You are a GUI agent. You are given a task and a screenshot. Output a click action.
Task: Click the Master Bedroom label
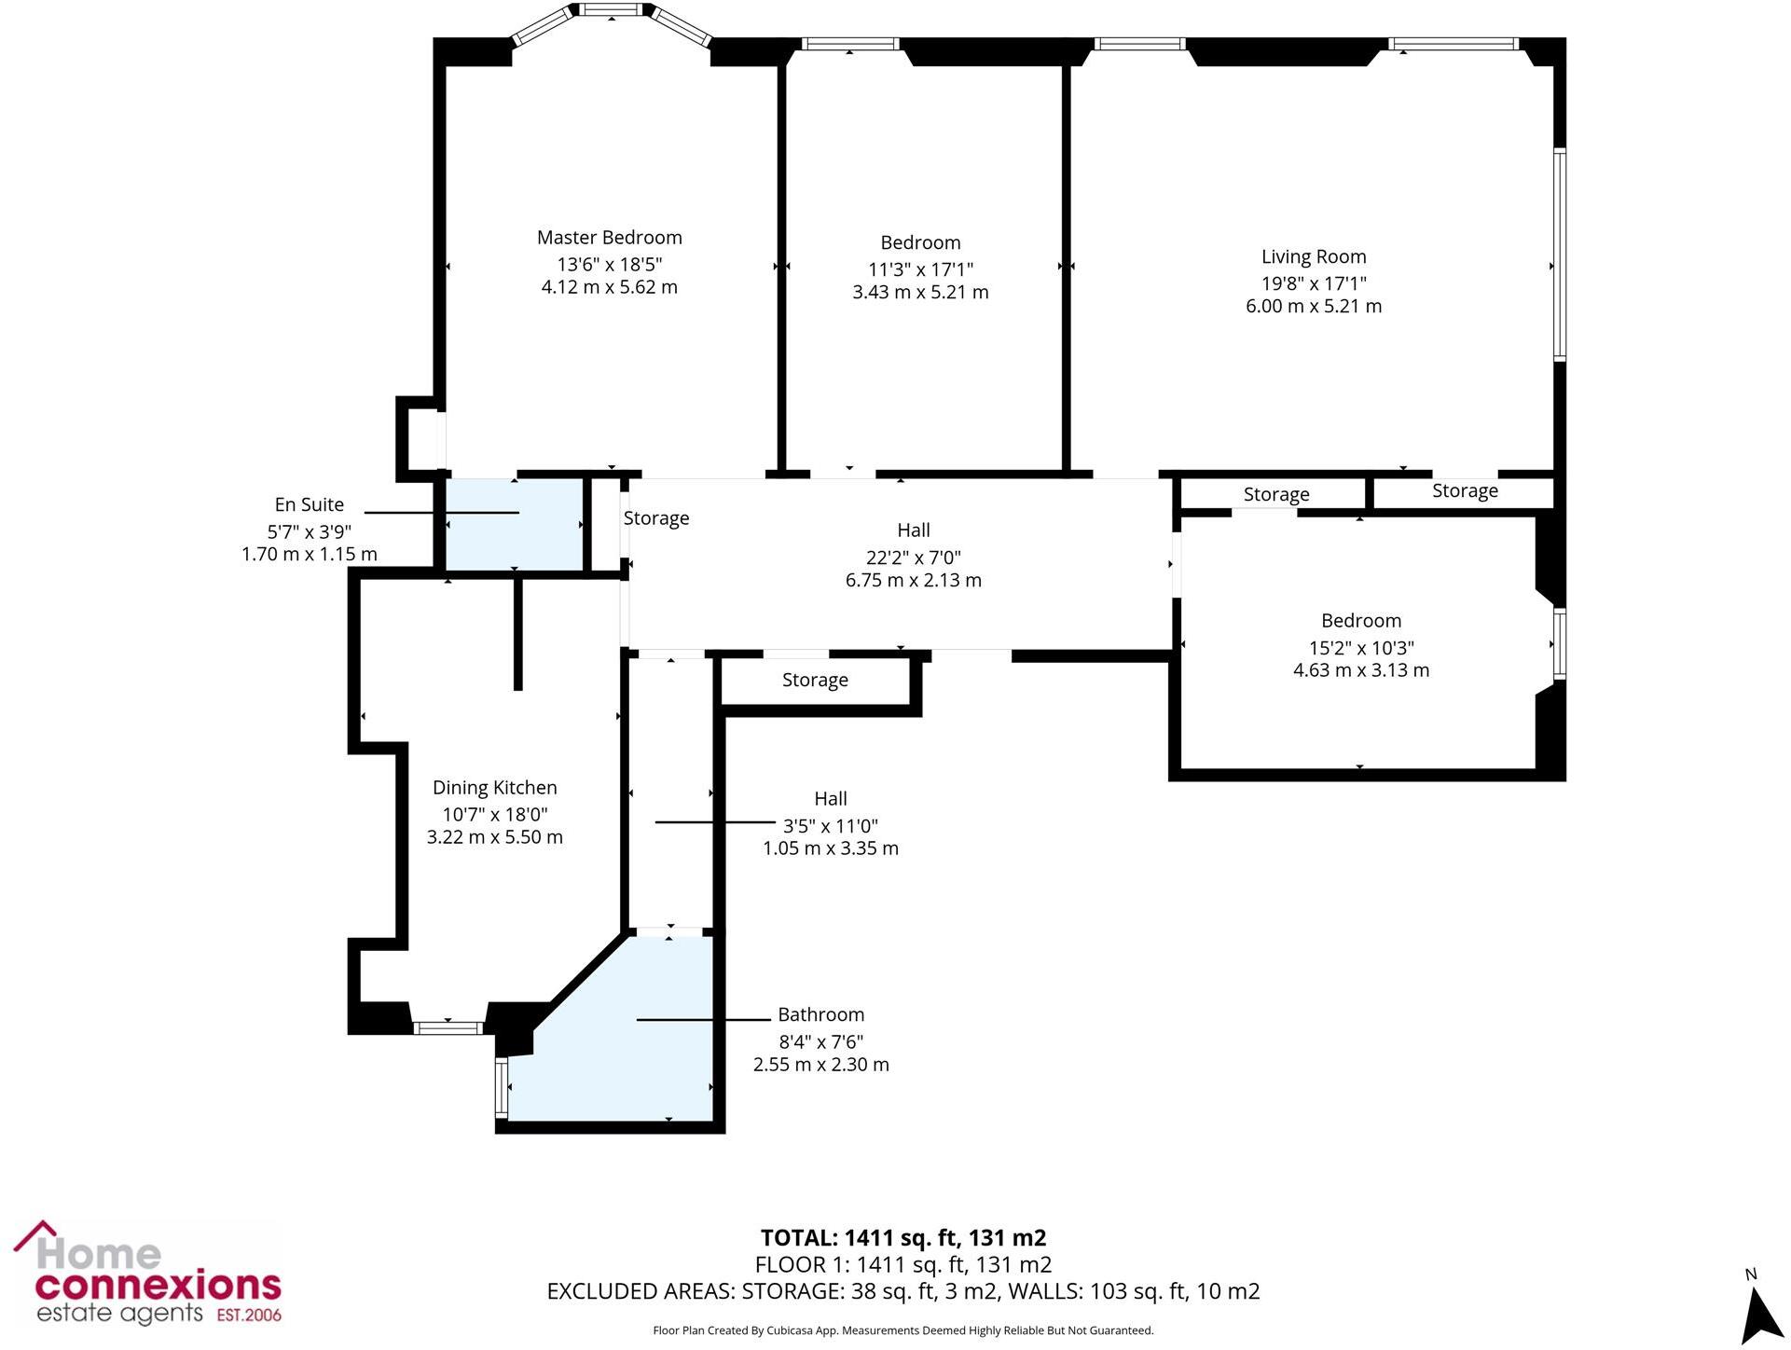(609, 238)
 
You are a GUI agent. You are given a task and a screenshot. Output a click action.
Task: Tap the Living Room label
(1313, 256)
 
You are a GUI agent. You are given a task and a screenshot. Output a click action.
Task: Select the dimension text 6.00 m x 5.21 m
(1313, 306)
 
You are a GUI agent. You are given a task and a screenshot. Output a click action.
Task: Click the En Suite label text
(309, 504)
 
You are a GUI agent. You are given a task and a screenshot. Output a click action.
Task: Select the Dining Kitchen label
(494, 788)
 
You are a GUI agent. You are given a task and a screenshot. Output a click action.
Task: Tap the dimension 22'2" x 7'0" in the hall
(913, 558)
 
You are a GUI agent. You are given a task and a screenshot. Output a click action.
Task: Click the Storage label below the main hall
(815, 681)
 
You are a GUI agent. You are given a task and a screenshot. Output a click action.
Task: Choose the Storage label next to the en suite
(655, 518)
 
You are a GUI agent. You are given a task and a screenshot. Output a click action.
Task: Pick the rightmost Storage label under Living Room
(1465, 491)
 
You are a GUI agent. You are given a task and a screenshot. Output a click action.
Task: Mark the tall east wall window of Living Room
(1559, 254)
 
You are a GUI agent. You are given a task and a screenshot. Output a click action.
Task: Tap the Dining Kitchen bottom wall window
(448, 1027)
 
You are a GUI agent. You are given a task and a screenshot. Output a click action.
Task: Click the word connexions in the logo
(158, 1286)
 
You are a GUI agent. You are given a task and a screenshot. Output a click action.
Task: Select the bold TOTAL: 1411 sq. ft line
(902, 1238)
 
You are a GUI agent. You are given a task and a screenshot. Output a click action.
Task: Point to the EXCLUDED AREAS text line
(902, 1291)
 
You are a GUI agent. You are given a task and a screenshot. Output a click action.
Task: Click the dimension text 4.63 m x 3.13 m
(1360, 670)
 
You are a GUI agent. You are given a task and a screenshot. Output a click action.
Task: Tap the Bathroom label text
(820, 1014)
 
